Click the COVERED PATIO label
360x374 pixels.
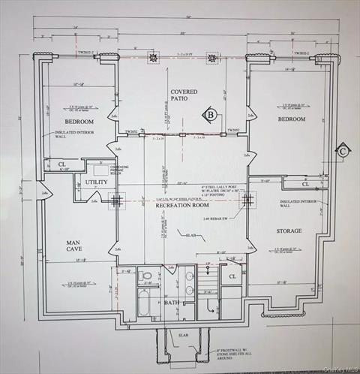pyautogui.click(x=183, y=96)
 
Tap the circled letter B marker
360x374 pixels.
pyautogui.click(x=211, y=115)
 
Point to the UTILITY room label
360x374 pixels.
pyautogui.click(x=96, y=182)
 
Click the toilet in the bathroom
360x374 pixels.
pyautogui.click(x=147, y=276)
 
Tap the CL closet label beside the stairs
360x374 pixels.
pyautogui.click(x=232, y=276)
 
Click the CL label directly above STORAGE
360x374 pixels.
pyautogui.click(x=305, y=184)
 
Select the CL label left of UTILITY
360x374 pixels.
pyautogui.click(x=61, y=164)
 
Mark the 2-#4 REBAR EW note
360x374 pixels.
pyautogui.click(x=217, y=219)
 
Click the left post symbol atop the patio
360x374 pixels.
pyautogui.click(x=154, y=57)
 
